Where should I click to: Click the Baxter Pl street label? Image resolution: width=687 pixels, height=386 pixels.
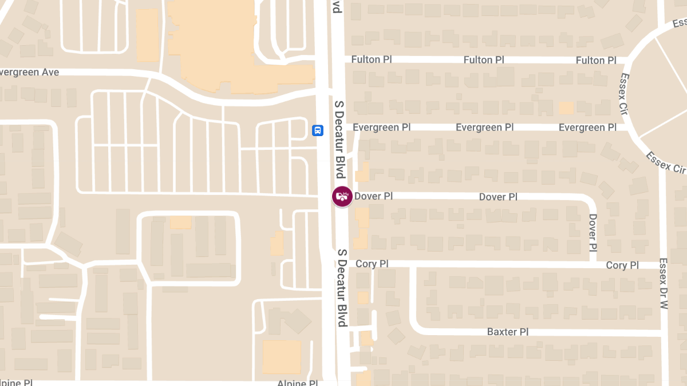click(507, 332)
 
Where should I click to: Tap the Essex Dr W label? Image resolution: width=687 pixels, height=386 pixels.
click(664, 284)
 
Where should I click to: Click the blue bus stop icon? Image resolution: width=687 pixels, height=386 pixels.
click(317, 130)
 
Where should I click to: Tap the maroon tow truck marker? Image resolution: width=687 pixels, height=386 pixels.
click(342, 197)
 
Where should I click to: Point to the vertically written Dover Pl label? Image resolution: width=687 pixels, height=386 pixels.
click(593, 233)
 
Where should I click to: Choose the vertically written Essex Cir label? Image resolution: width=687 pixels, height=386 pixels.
click(624, 93)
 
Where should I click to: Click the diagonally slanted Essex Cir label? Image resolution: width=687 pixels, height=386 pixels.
click(666, 162)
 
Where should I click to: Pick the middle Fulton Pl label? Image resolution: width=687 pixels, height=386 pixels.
click(484, 59)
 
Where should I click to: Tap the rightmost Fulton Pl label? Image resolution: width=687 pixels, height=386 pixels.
click(596, 60)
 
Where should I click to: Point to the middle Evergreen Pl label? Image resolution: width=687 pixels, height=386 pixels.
click(485, 127)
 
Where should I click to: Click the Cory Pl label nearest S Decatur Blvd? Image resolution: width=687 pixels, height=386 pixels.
click(372, 264)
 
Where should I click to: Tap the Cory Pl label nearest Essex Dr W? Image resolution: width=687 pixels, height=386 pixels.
click(622, 265)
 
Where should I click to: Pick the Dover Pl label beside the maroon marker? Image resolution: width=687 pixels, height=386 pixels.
click(374, 196)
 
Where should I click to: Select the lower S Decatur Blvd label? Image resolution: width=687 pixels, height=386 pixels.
click(342, 288)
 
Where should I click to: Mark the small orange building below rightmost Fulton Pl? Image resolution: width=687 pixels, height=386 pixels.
click(566, 108)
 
